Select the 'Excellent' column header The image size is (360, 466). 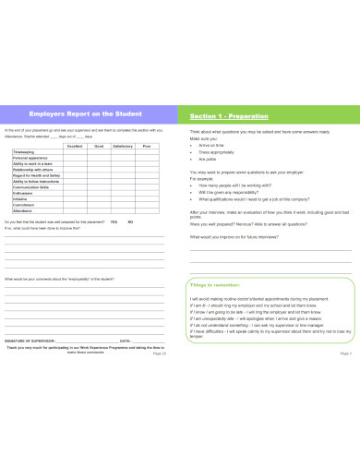(75, 147)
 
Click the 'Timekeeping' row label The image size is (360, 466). (25, 153)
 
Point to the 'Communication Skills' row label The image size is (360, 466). (31, 185)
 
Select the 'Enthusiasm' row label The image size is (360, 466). (23, 191)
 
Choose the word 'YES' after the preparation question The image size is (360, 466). (114, 222)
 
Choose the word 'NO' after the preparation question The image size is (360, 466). (130, 222)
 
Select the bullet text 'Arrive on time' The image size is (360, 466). (213, 145)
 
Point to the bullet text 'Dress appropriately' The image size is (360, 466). (218, 151)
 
